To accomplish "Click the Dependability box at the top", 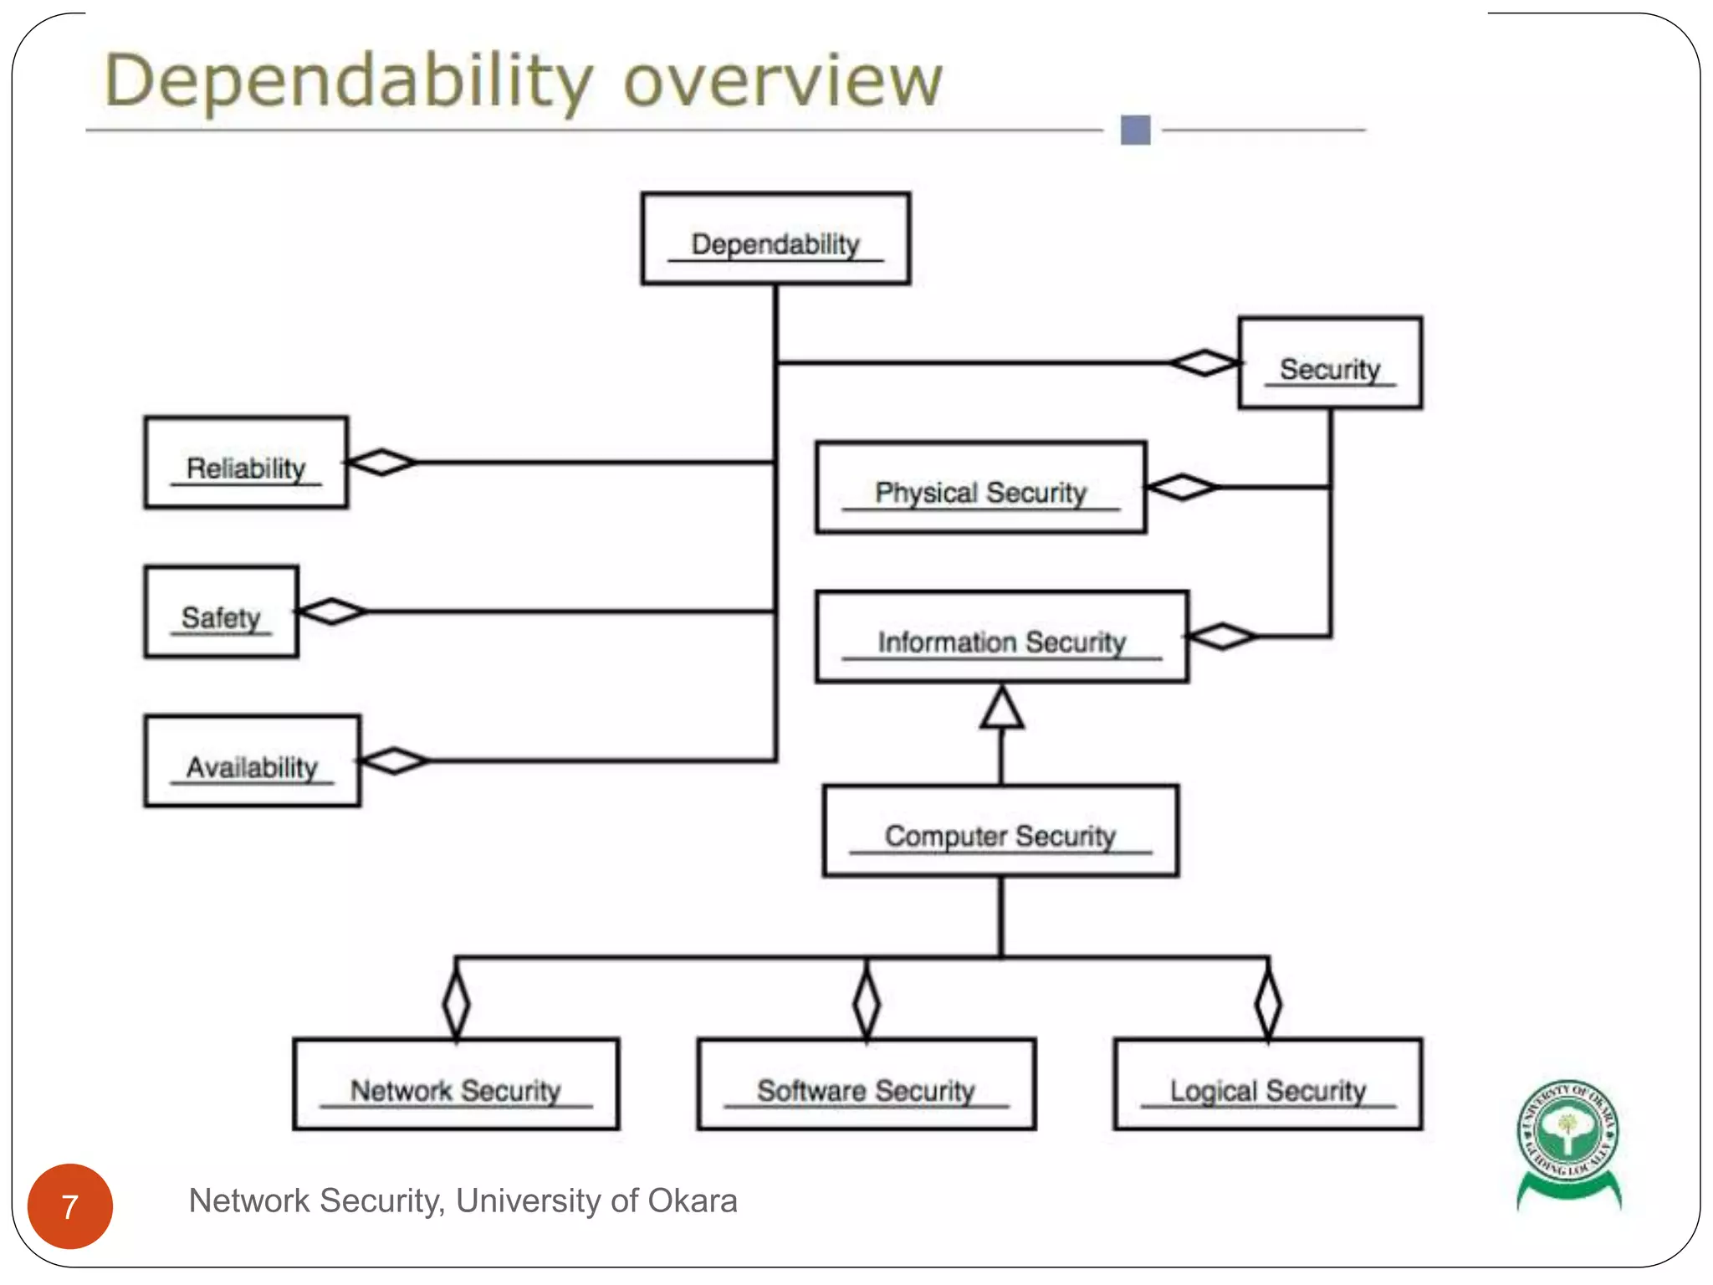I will [x=775, y=239].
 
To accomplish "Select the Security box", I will [x=1329, y=363].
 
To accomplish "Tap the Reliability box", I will [x=246, y=463].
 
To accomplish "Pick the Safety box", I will [x=221, y=612].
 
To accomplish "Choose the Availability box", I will [x=252, y=761].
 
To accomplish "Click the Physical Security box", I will [x=980, y=488].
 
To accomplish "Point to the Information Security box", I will [x=1001, y=637].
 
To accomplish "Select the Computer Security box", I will [x=1000, y=831].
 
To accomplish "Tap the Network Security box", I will [x=456, y=1085].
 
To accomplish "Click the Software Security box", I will [x=866, y=1085].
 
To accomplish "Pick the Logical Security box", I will [x=1267, y=1085].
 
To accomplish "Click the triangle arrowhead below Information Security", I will [x=1001, y=709].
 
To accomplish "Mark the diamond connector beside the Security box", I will [x=1204, y=363].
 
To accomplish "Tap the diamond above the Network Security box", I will [x=456, y=1003].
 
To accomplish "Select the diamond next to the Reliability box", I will [x=381, y=462].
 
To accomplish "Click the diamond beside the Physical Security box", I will [x=1181, y=487].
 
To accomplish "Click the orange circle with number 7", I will [x=70, y=1206].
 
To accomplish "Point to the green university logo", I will [x=1568, y=1141].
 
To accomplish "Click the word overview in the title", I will [x=783, y=81].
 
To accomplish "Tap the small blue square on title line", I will [x=1135, y=131].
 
